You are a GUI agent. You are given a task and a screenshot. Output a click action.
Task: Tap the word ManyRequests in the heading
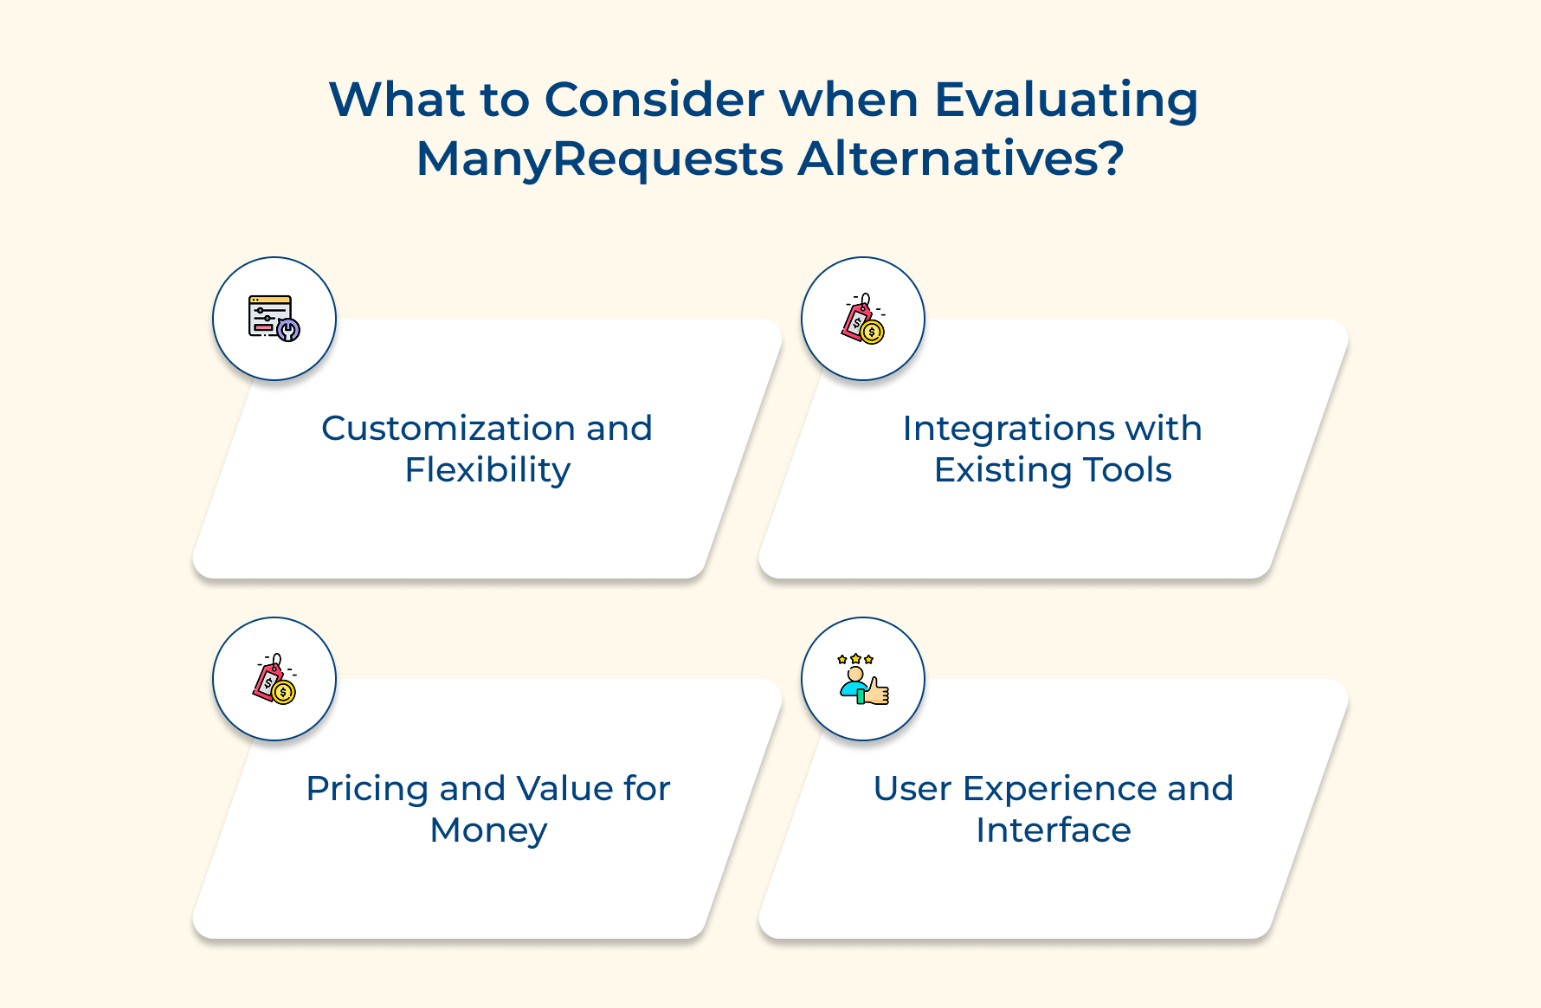click(600, 159)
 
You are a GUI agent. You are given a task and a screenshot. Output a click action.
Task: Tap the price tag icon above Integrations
click(863, 319)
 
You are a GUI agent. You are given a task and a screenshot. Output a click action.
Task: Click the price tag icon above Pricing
click(274, 679)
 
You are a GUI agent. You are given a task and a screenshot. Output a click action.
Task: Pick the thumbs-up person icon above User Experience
click(863, 680)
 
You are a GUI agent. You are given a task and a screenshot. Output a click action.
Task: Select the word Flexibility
click(487, 470)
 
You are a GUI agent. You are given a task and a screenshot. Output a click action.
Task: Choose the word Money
click(488, 830)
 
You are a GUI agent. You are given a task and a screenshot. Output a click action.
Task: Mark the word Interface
click(1053, 830)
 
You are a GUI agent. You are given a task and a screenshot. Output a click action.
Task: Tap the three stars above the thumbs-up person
click(855, 659)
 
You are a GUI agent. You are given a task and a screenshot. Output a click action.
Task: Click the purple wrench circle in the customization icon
click(288, 330)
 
